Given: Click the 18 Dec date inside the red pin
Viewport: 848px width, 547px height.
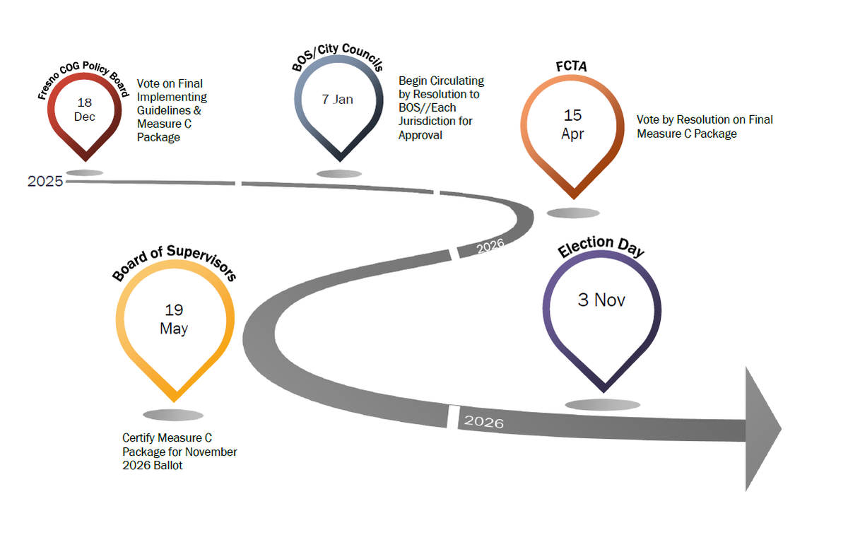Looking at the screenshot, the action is (84, 110).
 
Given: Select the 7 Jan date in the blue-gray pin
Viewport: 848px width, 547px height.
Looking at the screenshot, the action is (337, 100).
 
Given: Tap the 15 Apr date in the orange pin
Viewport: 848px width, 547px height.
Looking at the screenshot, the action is (572, 124).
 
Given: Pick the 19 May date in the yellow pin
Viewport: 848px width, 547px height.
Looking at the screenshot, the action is (174, 319).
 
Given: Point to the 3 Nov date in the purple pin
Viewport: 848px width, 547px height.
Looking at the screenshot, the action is (601, 300).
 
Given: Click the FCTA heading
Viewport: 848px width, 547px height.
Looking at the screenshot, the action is (571, 66).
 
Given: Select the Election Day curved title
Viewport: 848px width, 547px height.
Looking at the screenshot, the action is (601, 246).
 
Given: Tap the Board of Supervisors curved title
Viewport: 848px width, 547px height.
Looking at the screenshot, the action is (174, 261).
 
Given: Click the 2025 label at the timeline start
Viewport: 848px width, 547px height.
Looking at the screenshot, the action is (45, 182).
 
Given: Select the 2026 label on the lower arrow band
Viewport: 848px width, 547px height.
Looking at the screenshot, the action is (484, 421).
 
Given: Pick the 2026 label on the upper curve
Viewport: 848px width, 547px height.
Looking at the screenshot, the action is (490, 246).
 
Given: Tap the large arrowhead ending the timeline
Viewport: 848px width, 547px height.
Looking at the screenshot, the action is (762, 429).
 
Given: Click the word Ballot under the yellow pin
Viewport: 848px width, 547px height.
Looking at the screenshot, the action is (167, 465).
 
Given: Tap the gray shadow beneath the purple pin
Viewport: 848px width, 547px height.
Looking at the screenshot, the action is (602, 405).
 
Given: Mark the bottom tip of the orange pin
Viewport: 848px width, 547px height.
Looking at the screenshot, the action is (574, 199).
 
